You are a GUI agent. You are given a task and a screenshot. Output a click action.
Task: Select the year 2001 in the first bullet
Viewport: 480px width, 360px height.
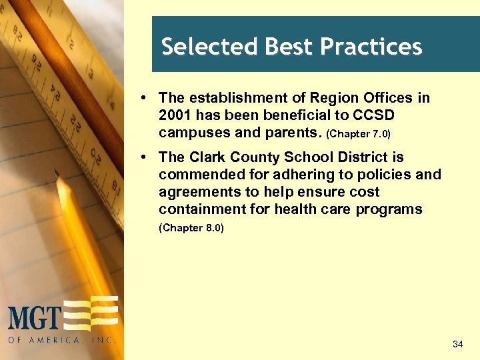point(175,115)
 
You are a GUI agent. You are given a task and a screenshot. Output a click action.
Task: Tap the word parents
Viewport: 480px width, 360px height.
point(293,132)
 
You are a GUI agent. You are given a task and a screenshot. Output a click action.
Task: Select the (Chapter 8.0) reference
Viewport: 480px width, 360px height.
point(191,228)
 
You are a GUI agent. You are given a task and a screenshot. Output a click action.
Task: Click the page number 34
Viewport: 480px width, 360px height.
point(457,344)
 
